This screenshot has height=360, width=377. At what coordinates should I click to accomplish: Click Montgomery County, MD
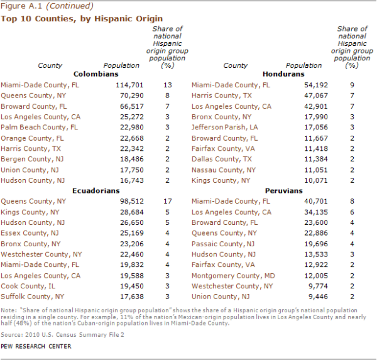coord(233,276)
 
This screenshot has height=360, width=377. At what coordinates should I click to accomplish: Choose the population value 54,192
coord(301,85)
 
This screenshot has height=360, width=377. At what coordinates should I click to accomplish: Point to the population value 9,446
coord(304,297)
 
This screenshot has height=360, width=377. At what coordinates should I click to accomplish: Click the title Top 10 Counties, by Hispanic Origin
coord(82,19)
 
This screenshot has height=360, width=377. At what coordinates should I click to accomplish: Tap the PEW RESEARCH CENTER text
coord(36,346)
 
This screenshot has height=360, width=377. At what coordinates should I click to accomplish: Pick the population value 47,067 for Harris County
coord(301,95)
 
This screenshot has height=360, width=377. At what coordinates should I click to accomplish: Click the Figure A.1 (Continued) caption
coord(47,6)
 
